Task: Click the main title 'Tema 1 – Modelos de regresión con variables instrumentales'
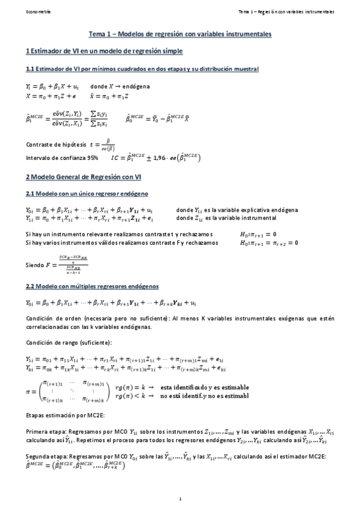click(180, 35)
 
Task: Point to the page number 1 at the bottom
click(180, 499)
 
